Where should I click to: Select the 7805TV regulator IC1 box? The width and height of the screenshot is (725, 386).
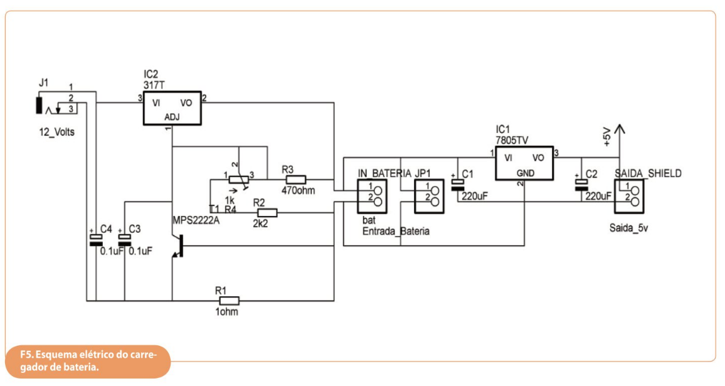coord(525,163)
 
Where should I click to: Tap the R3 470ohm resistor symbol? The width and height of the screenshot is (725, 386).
coord(295,179)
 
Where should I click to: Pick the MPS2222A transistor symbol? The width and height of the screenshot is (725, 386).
coord(177,246)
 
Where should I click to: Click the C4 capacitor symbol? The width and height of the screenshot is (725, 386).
coord(96,238)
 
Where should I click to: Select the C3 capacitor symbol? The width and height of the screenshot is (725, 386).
coord(125,238)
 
